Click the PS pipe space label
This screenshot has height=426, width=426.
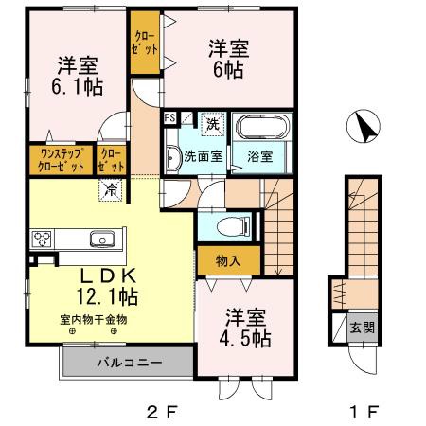[170, 118]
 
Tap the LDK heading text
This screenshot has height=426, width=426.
[107, 275]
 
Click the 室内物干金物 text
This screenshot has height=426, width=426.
[94, 319]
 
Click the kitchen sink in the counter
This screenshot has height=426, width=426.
[100, 238]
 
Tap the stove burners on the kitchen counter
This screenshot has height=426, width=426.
[44, 238]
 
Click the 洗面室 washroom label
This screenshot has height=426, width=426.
[203, 157]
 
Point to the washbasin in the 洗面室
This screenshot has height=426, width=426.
[173, 157]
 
